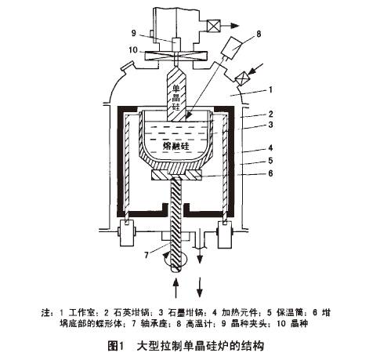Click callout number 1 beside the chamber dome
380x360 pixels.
271,89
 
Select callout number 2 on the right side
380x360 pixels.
271,114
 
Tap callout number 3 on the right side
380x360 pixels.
271,125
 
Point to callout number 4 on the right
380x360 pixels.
271,147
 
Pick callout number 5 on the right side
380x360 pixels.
271,160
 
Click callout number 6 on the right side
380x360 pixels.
271,173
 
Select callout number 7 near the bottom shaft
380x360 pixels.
147,255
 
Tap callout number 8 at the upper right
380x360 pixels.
259,34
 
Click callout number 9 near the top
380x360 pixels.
134,33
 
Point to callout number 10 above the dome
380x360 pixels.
133,49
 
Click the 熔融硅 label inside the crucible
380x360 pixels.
176,146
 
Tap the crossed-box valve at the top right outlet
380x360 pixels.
213,25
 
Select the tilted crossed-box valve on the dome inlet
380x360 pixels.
242,78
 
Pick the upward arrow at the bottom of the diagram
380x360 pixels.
176,288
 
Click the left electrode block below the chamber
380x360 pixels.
127,233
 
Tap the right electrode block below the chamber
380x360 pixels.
224,234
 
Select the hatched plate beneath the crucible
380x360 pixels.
176,175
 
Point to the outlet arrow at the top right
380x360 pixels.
230,25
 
